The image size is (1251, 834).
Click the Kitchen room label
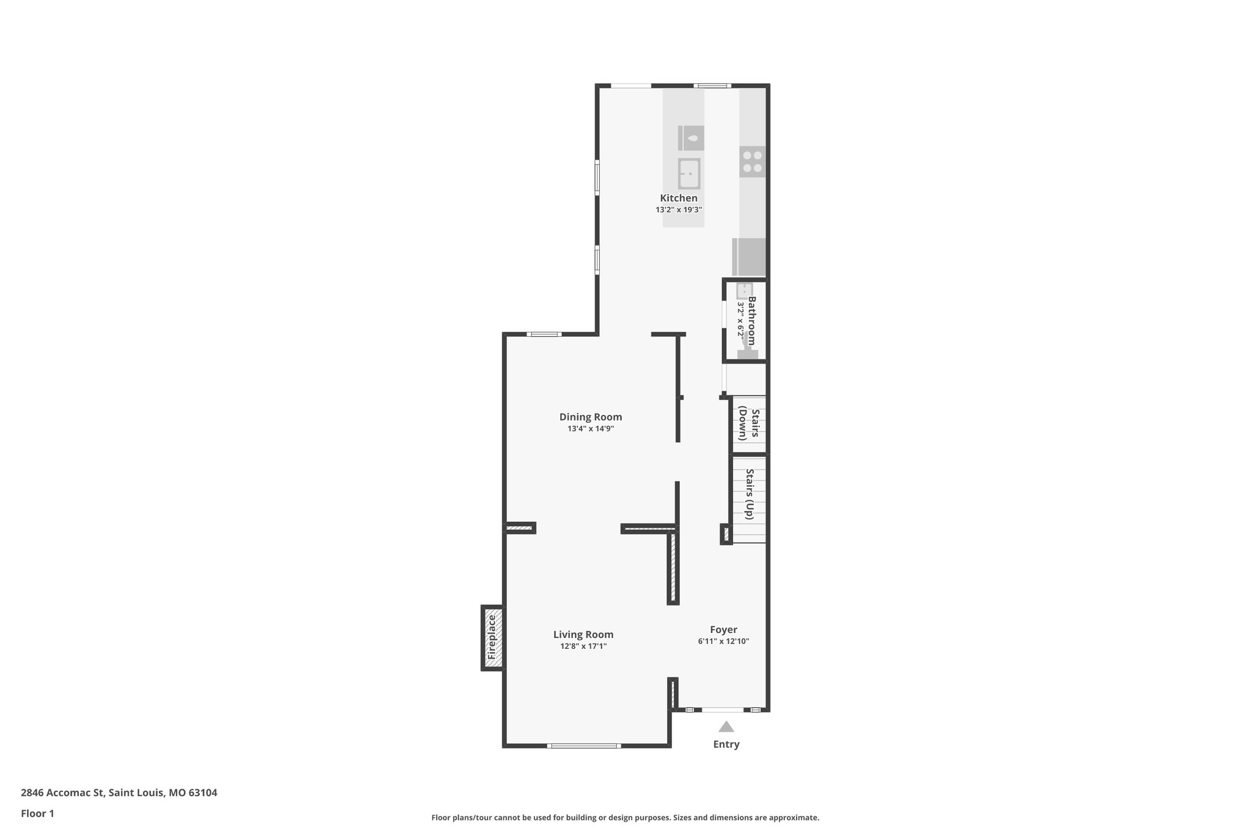[678, 198]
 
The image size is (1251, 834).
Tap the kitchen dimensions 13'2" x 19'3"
[679, 210]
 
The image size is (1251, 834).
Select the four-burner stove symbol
[752, 161]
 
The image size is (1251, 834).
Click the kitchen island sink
[689, 174]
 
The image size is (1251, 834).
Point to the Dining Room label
[591, 417]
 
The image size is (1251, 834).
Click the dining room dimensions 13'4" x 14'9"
[591, 429]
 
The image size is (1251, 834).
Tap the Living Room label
[583, 634]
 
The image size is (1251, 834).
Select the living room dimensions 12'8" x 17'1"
[583, 646]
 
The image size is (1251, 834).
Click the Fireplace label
[492, 637]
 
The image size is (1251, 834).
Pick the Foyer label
[723, 629]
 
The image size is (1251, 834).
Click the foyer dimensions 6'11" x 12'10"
[723, 642]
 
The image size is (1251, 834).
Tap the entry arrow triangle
[726, 726]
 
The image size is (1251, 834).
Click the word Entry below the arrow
[726, 744]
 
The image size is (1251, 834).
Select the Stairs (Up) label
[750, 494]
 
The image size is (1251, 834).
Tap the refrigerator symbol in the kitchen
[750, 257]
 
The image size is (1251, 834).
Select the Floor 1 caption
[37, 813]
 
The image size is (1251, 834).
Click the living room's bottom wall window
[584, 745]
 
